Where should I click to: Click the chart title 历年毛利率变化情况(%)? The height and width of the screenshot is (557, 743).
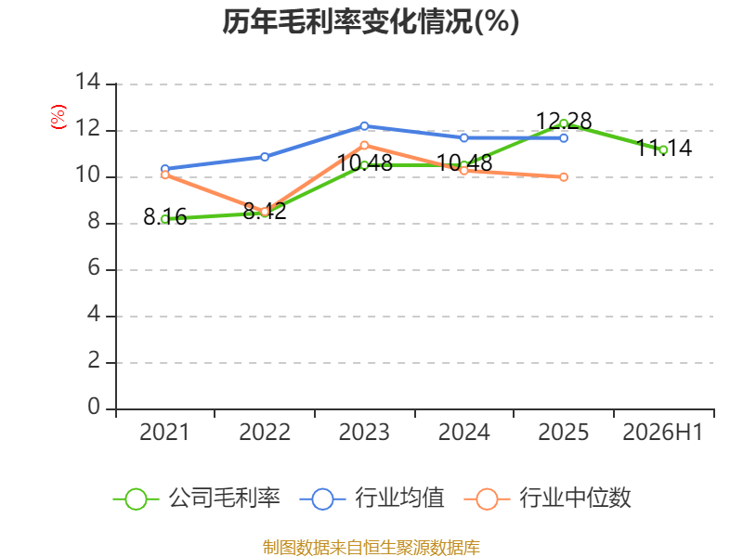coord(371,21)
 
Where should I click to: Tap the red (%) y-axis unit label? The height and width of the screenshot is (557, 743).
coord(58,117)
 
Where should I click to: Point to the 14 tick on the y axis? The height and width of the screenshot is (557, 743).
coord(88,82)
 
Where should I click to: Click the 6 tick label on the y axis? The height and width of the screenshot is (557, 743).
coord(94,268)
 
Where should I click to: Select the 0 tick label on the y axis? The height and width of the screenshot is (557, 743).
coord(94,407)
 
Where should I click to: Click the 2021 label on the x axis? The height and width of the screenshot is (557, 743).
coord(164,433)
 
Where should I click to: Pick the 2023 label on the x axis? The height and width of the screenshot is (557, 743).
coord(364,433)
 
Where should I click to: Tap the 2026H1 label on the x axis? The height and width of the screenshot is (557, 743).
coord(662,433)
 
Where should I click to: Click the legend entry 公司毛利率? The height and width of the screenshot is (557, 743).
coord(197,499)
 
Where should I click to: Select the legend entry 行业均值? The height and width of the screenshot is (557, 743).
coord(372,499)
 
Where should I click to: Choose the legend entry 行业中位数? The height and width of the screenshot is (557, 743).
coord(547,499)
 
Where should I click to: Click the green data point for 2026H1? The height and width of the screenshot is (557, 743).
coord(663,150)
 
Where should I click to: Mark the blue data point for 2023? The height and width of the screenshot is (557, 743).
coord(364,126)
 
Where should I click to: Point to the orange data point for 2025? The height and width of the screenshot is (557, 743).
coord(564,177)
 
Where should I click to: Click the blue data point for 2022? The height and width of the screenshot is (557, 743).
coord(265,157)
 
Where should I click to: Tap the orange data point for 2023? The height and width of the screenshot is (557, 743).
coord(364,146)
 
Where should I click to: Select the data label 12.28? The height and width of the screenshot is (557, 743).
coord(564,122)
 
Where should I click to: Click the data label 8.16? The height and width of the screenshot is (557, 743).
coord(165,217)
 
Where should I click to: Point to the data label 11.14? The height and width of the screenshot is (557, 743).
coord(663,149)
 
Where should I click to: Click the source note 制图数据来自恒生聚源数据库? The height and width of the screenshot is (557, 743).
coord(371,548)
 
